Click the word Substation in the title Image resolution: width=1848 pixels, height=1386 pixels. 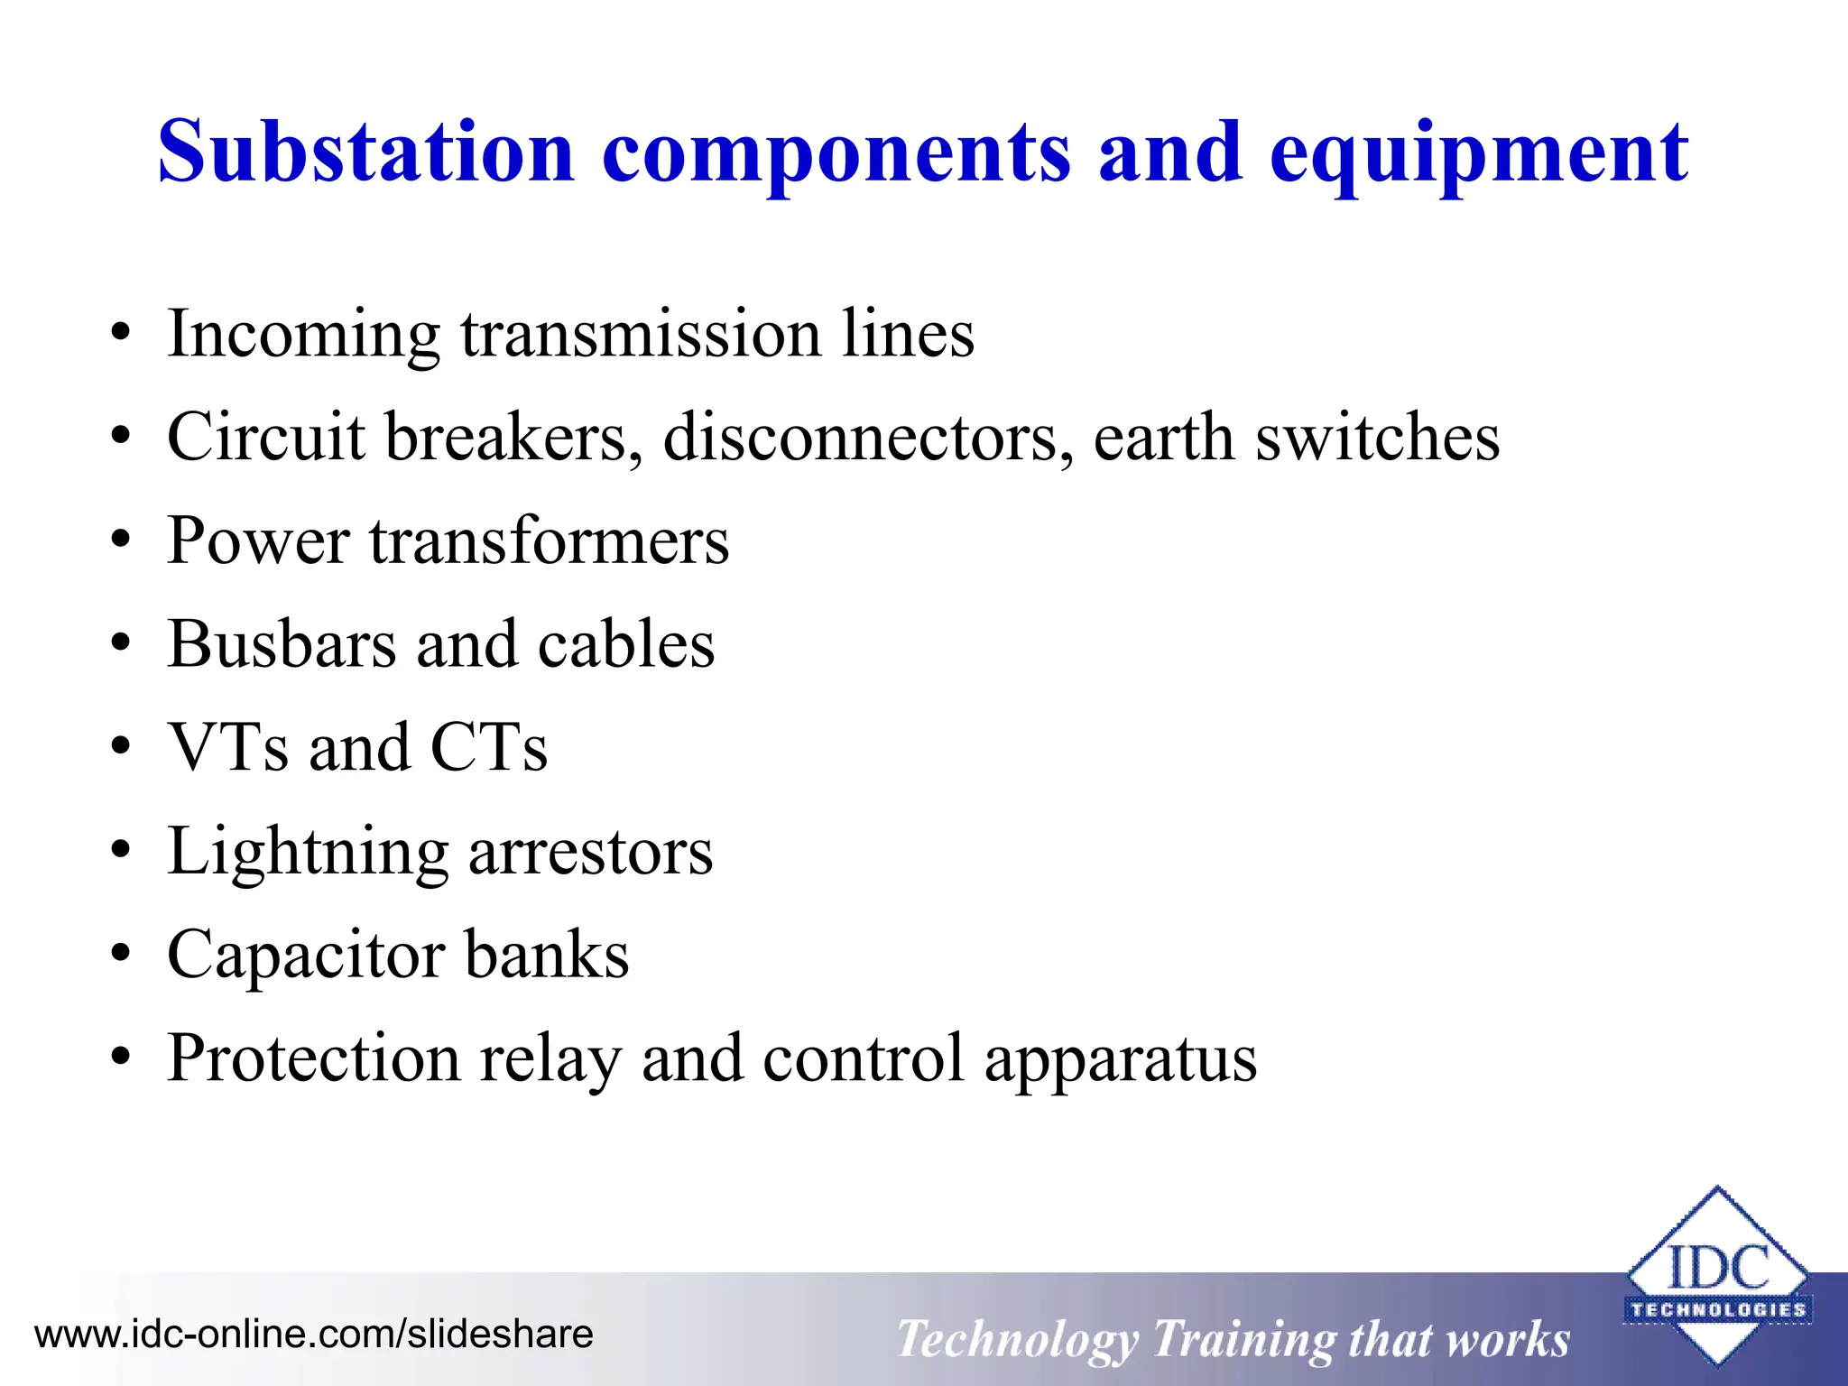(366, 152)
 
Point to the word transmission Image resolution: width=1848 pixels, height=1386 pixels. (641, 334)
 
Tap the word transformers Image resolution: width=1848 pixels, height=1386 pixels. (549, 542)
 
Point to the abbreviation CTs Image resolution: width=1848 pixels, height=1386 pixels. (488, 748)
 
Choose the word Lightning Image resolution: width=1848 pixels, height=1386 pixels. (308, 854)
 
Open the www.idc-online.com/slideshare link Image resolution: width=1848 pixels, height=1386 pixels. (313, 1334)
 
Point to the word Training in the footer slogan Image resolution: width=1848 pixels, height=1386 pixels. (1243, 1339)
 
